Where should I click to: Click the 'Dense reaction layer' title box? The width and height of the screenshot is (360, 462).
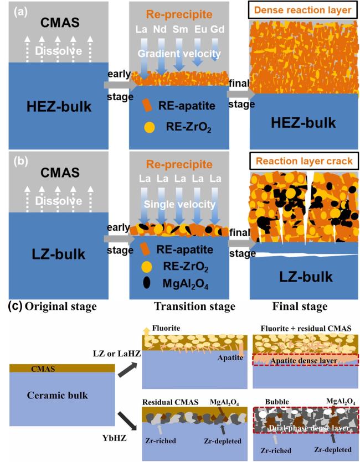304,10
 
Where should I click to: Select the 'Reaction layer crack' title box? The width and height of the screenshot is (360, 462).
304,161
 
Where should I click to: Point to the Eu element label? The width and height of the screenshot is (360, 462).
200,29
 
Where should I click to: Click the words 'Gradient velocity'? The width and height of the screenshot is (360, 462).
179,53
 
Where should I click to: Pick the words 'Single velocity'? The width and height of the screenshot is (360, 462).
179,204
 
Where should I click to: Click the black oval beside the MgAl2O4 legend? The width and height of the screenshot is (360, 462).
146,283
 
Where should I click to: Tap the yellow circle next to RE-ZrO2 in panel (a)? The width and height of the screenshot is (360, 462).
150,127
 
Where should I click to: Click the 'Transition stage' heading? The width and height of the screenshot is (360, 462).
194,307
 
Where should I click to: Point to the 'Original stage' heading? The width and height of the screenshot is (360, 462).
60,307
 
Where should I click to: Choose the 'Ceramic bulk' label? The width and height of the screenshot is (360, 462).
58,395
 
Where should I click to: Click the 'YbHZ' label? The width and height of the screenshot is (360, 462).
115,438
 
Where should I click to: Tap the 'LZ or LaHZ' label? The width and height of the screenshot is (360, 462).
117,353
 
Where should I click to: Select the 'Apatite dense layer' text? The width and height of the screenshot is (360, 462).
304,361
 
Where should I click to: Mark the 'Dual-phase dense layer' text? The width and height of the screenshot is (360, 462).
308,428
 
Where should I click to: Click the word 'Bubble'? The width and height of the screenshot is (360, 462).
277,402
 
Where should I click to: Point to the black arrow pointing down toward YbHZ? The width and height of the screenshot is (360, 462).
127,421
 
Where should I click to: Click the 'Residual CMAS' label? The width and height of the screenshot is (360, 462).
171,402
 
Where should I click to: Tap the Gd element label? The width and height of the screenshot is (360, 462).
217,29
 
